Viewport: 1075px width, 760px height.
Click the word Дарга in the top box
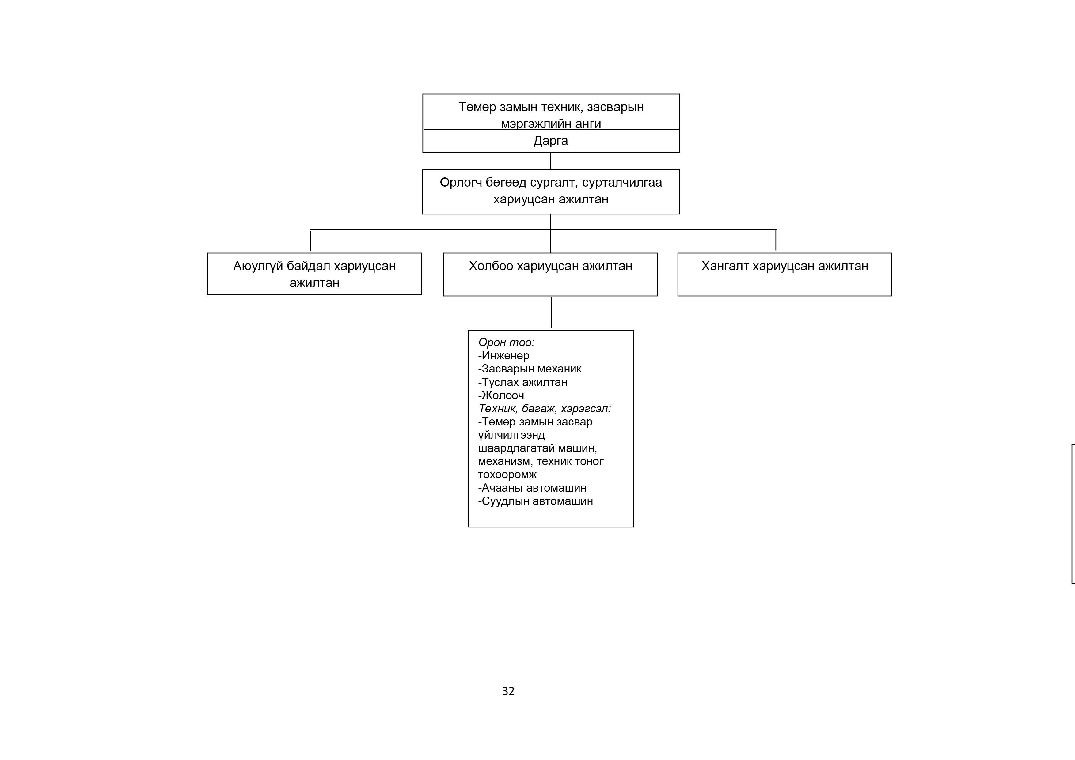point(551,141)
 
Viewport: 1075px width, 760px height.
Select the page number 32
point(508,691)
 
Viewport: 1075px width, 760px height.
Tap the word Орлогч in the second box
point(461,183)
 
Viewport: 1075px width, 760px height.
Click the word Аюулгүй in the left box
point(258,266)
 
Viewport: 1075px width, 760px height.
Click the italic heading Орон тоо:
point(506,342)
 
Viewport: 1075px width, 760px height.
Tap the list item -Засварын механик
point(530,369)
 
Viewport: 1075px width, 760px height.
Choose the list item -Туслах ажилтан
point(522,382)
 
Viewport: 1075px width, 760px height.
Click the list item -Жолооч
point(501,395)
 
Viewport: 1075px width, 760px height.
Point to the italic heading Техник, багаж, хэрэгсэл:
point(545,409)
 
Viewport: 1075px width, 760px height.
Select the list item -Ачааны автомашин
point(532,488)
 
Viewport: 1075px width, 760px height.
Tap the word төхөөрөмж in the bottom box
point(507,475)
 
